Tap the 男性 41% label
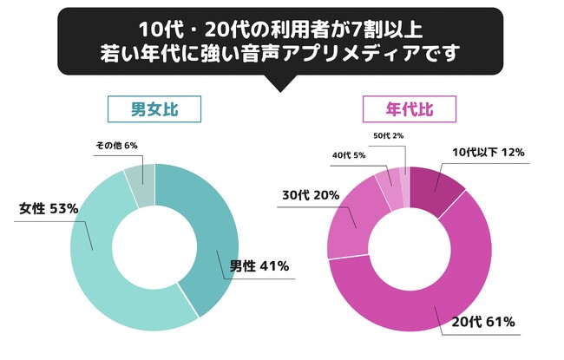click(259, 265)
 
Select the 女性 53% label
click(49, 209)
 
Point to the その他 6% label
click(115, 145)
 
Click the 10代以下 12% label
click(488, 152)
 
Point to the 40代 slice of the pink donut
click(385, 179)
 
